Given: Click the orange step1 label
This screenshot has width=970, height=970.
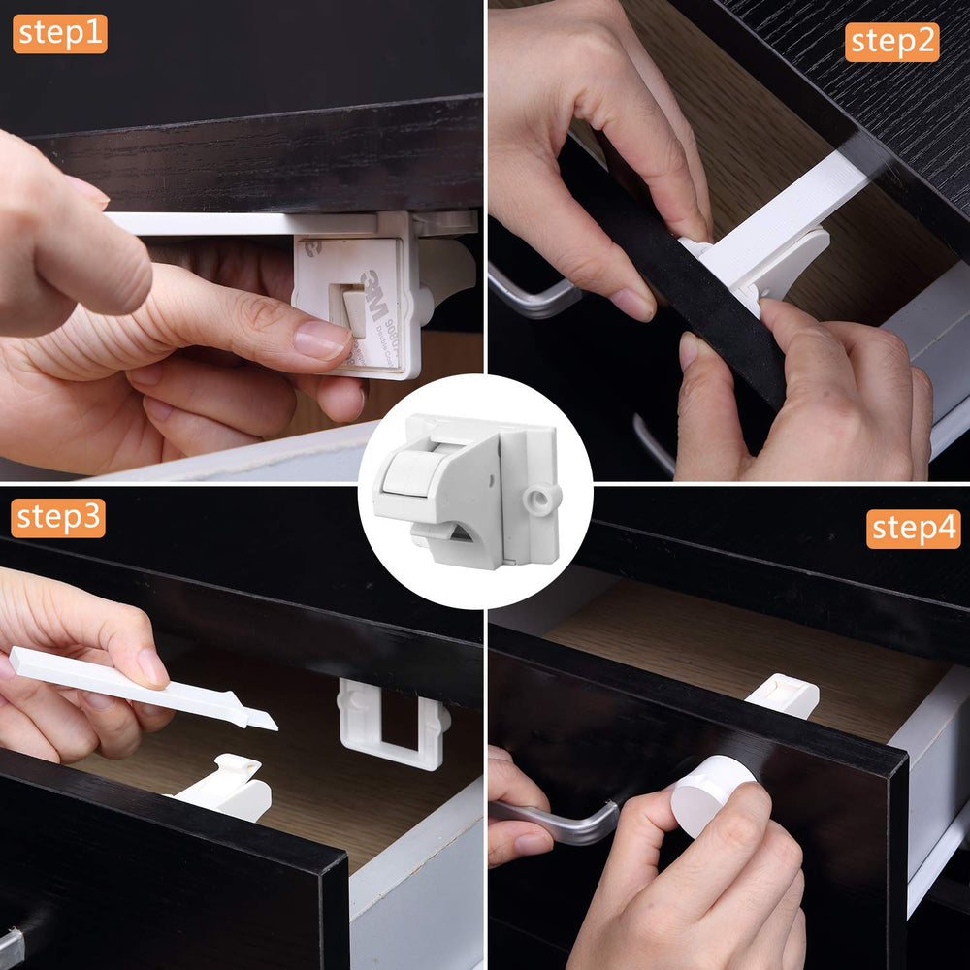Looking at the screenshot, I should pyautogui.click(x=59, y=34).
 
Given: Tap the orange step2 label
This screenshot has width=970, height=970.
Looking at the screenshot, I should pyautogui.click(x=891, y=42).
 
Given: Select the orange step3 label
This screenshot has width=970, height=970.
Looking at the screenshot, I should pyautogui.click(x=59, y=518).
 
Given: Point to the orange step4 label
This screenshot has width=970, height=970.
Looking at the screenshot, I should pyautogui.click(x=913, y=529).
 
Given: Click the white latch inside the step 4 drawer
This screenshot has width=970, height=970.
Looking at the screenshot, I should pyautogui.click(x=784, y=695).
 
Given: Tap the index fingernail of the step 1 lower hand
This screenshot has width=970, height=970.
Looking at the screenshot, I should pyautogui.click(x=321, y=340).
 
